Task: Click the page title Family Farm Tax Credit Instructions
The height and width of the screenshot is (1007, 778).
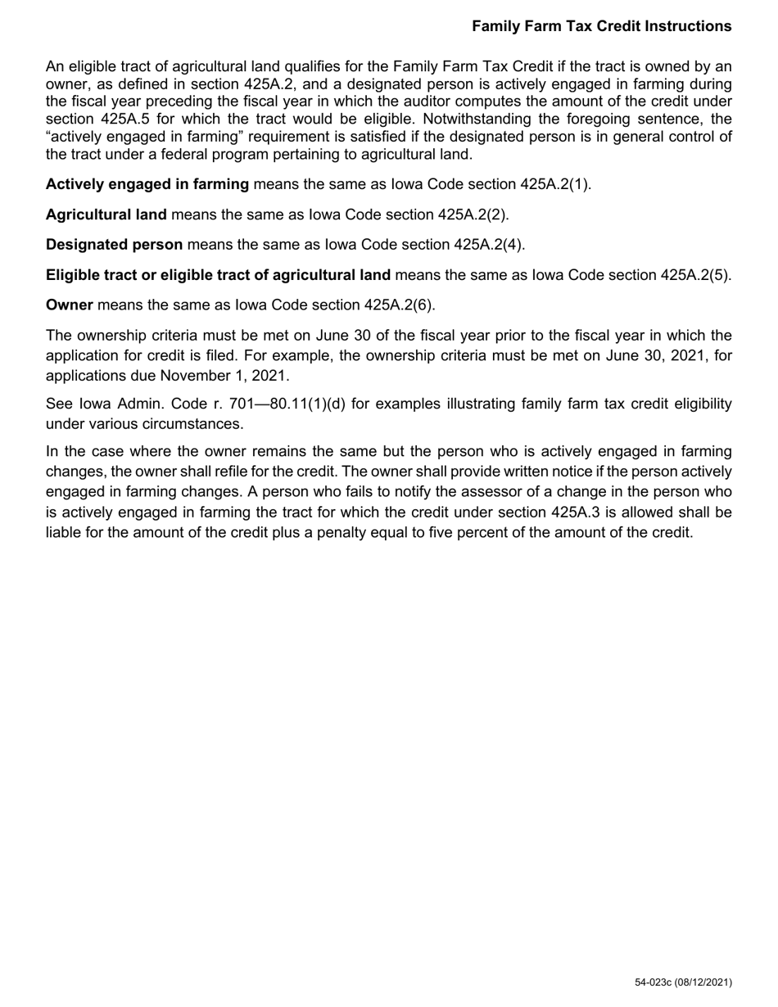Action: [x=601, y=26]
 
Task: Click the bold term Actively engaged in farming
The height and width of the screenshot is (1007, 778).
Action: [x=147, y=184]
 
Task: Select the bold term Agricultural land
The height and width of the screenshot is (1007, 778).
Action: [x=106, y=214]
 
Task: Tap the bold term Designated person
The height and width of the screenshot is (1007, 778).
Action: [x=115, y=245]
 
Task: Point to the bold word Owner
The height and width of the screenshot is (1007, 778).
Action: [x=70, y=305]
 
